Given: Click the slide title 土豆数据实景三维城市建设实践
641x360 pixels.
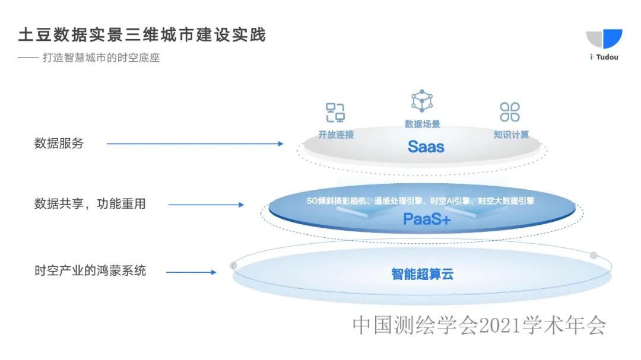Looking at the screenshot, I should (x=142, y=35).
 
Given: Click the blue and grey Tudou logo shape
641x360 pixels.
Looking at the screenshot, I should (x=604, y=39).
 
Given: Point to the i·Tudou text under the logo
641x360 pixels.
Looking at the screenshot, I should (x=604, y=57).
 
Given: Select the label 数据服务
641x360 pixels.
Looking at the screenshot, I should (x=59, y=144).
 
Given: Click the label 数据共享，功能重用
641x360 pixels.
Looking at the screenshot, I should (x=90, y=204).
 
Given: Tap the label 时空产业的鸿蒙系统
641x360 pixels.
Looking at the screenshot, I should (x=90, y=272).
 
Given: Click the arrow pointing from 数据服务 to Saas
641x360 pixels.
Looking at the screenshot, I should (x=195, y=144).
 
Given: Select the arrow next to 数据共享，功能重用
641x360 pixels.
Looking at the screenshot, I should (x=206, y=205).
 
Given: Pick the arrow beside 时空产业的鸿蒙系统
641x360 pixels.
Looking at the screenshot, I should (x=191, y=272).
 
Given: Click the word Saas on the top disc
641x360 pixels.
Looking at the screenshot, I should (x=426, y=146).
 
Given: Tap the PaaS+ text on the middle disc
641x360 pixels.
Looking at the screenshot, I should (x=427, y=219).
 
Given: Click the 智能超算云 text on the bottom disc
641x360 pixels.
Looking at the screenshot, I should (x=423, y=274).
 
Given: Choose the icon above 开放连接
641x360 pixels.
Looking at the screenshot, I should (x=335, y=112).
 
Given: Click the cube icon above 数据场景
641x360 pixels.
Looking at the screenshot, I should (x=422, y=101).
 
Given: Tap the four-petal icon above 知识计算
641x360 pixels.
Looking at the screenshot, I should (x=510, y=111).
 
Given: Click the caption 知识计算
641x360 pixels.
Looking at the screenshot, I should (x=511, y=135).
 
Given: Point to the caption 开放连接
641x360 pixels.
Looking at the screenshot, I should (x=336, y=135).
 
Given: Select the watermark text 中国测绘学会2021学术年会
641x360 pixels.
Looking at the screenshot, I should (x=480, y=325).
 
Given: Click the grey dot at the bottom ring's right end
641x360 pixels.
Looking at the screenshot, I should (x=594, y=255).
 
